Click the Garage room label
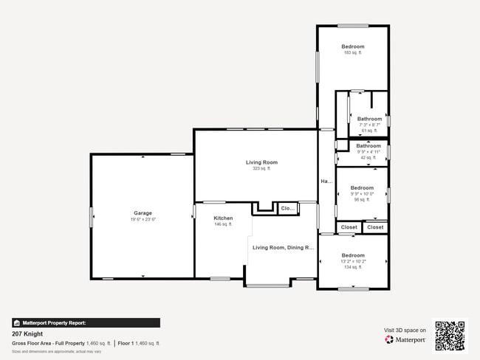pyautogui.click(x=143, y=213)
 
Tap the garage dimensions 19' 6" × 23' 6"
pyautogui.click(x=143, y=219)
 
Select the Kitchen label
pyautogui.click(x=223, y=218)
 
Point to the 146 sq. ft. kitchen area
pyautogui.click(x=223, y=224)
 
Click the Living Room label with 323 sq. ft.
pyautogui.click(x=261, y=162)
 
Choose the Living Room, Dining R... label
pyautogui.click(x=283, y=248)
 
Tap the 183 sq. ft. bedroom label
pyautogui.click(x=352, y=46)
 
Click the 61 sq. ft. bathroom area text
pyautogui.click(x=369, y=131)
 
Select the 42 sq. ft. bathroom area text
pyautogui.click(x=368, y=157)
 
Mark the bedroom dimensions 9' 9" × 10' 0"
pyautogui.click(x=362, y=193)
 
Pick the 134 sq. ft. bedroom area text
pyautogui.click(x=352, y=267)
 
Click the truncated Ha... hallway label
pyautogui.click(x=326, y=181)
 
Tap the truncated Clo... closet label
pyautogui.click(x=287, y=209)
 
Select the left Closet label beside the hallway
pyautogui.click(x=349, y=227)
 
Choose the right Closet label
pyautogui.click(x=375, y=227)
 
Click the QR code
pyautogui.click(x=450, y=336)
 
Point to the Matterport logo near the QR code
pyautogui.click(x=405, y=340)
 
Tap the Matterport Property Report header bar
pyautogui.click(x=86, y=322)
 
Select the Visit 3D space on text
pyautogui.click(x=405, y=330)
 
